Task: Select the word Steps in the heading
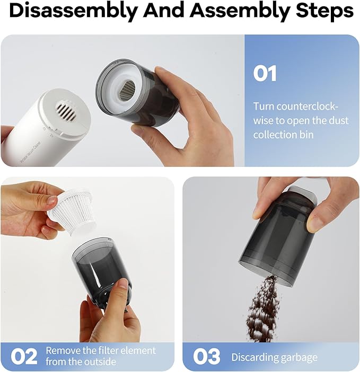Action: tap(321, 11)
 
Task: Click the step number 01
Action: tap(265, 74)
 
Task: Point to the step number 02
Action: tap(24, 356)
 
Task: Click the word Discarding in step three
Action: tap(253, 357)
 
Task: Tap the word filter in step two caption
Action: tap(105, 350)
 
